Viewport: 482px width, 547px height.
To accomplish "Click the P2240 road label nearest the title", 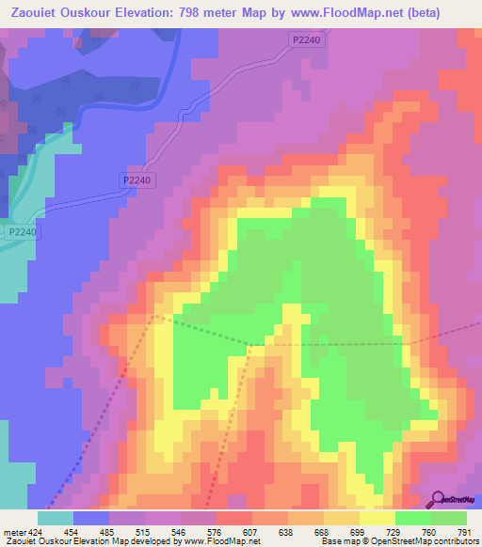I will click(305, 39).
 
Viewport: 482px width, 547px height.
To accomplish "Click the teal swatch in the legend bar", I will click(56, 518).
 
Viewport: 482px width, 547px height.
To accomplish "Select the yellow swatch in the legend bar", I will click(378, 518).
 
